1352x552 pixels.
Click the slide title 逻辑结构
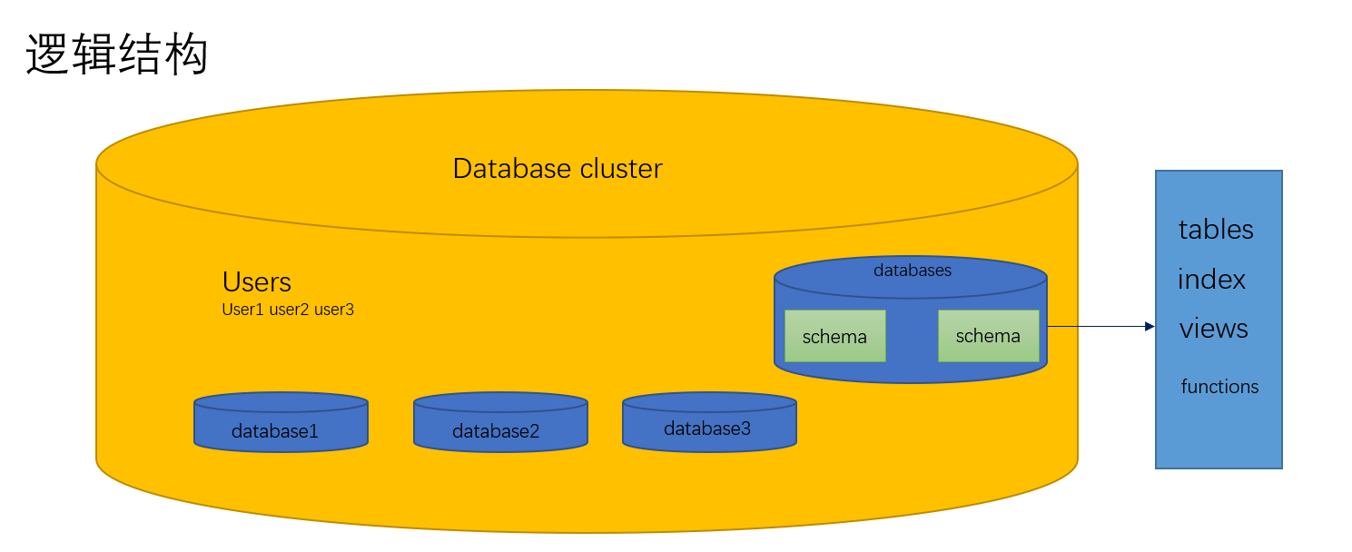click(117, 54)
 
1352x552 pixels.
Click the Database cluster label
click(558, 169)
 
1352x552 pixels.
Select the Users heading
click(257, 281)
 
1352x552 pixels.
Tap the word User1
click(242, 310)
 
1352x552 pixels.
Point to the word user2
click(290, 310)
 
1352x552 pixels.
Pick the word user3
click(334, 310)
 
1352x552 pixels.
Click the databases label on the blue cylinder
click(913, 271)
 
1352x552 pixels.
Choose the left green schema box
click(834, 337)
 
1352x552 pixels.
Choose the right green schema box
click(988, 336)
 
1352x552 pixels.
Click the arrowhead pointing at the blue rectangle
click(1150, 326)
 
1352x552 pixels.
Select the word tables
click(1216, 230)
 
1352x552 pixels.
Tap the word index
click(1211, 280)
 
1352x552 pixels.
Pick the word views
click(1214, 329)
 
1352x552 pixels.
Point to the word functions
click(1219, 387)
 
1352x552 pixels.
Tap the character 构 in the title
click(186, 54)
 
